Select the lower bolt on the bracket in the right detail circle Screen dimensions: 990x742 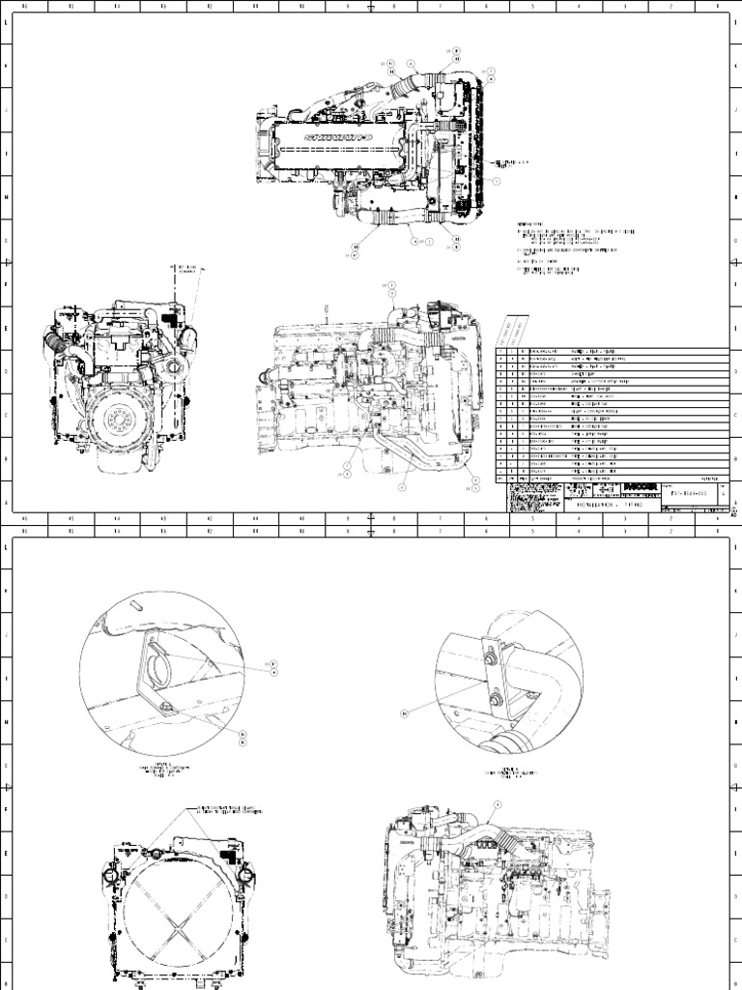496,693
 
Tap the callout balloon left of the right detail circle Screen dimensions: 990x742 405,713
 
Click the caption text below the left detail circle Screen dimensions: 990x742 166,771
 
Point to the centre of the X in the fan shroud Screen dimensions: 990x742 177,923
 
